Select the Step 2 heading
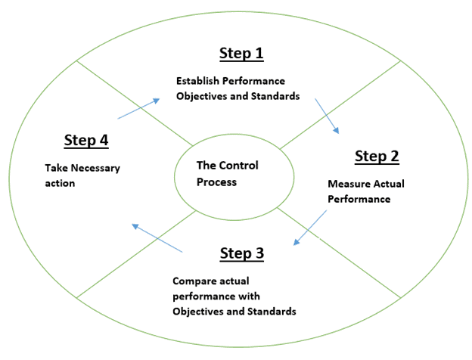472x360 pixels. pyautogui.click(x=377, y=157)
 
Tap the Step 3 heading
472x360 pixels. pyautogui.click(x=242, y=253)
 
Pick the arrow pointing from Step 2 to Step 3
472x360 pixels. pyautogui.click(x=310, y=228)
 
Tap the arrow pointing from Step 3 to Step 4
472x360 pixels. pyautogui.click(x=157, y=238)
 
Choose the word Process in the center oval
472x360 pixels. pyautogui.click(x=216, y=182)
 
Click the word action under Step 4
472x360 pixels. pyautogui.click(x=60, y=183)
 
